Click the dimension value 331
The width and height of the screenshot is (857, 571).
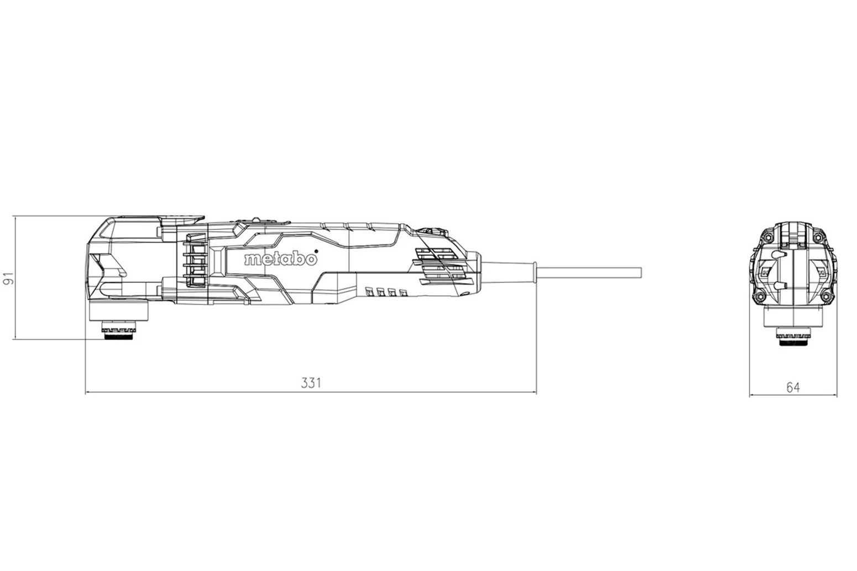pos(311,383)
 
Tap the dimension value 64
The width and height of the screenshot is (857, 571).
pos(793,387)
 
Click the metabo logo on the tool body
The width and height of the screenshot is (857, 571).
pos(281,259)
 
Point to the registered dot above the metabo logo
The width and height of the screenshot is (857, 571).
pos(316,252)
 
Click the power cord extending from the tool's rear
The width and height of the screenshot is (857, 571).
pos(589,273)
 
